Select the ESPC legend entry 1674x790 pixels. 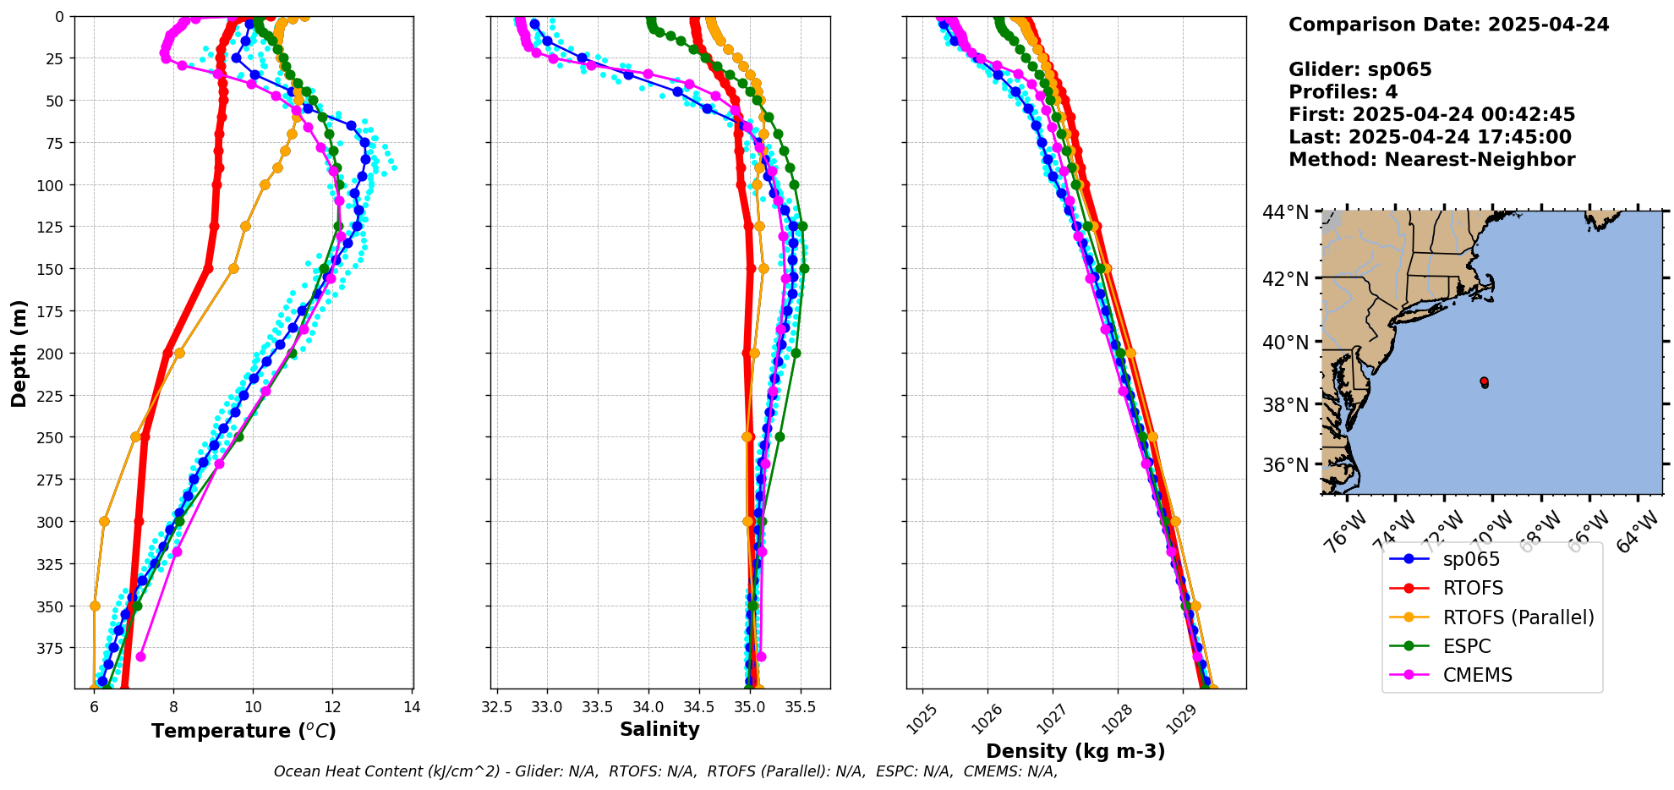point(1467,646)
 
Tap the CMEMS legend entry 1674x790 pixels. point(1477,675)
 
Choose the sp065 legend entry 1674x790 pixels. point(1471,559)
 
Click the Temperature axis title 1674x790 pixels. point(243,731)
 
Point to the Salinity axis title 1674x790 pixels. point(659,729)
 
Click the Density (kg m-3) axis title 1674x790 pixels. point(1075,751)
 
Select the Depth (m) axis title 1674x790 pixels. point(19,354)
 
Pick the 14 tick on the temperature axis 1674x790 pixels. point(412,707)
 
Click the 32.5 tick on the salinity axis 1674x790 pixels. point(496,707)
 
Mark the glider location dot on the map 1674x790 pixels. point(1485,382)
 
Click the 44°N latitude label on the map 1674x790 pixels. point(1285,212)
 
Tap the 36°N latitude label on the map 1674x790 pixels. point(1285,465)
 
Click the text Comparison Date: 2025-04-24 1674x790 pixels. point(1448,25)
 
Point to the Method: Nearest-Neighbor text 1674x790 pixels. point(1431,160)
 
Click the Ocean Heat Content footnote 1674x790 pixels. point(665,771)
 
